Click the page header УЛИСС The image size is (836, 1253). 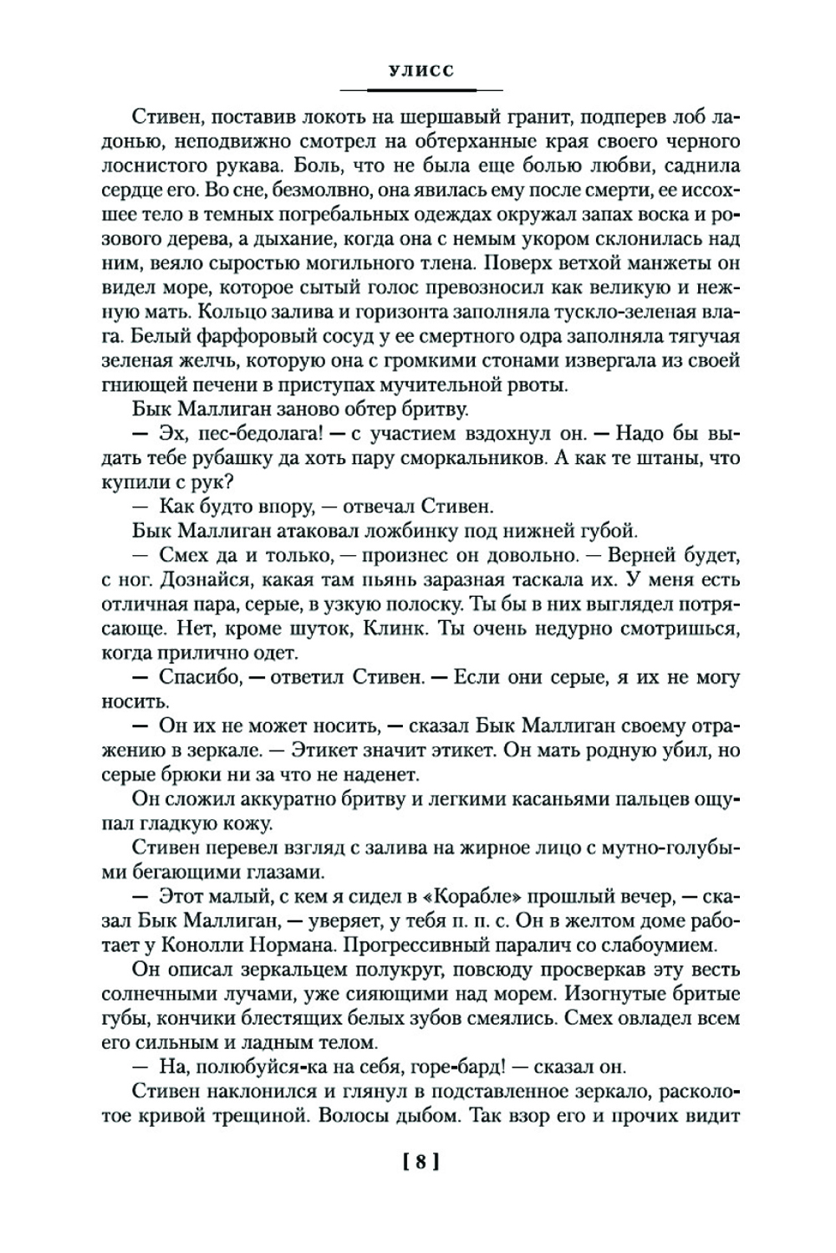click(x=421, y=71)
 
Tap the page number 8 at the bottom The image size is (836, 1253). click(x=421, y=1161)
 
